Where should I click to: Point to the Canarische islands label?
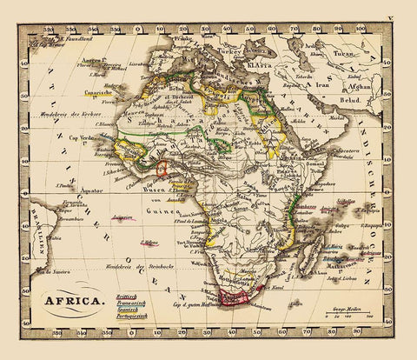pos(88,97)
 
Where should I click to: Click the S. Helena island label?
pos(150,242)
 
